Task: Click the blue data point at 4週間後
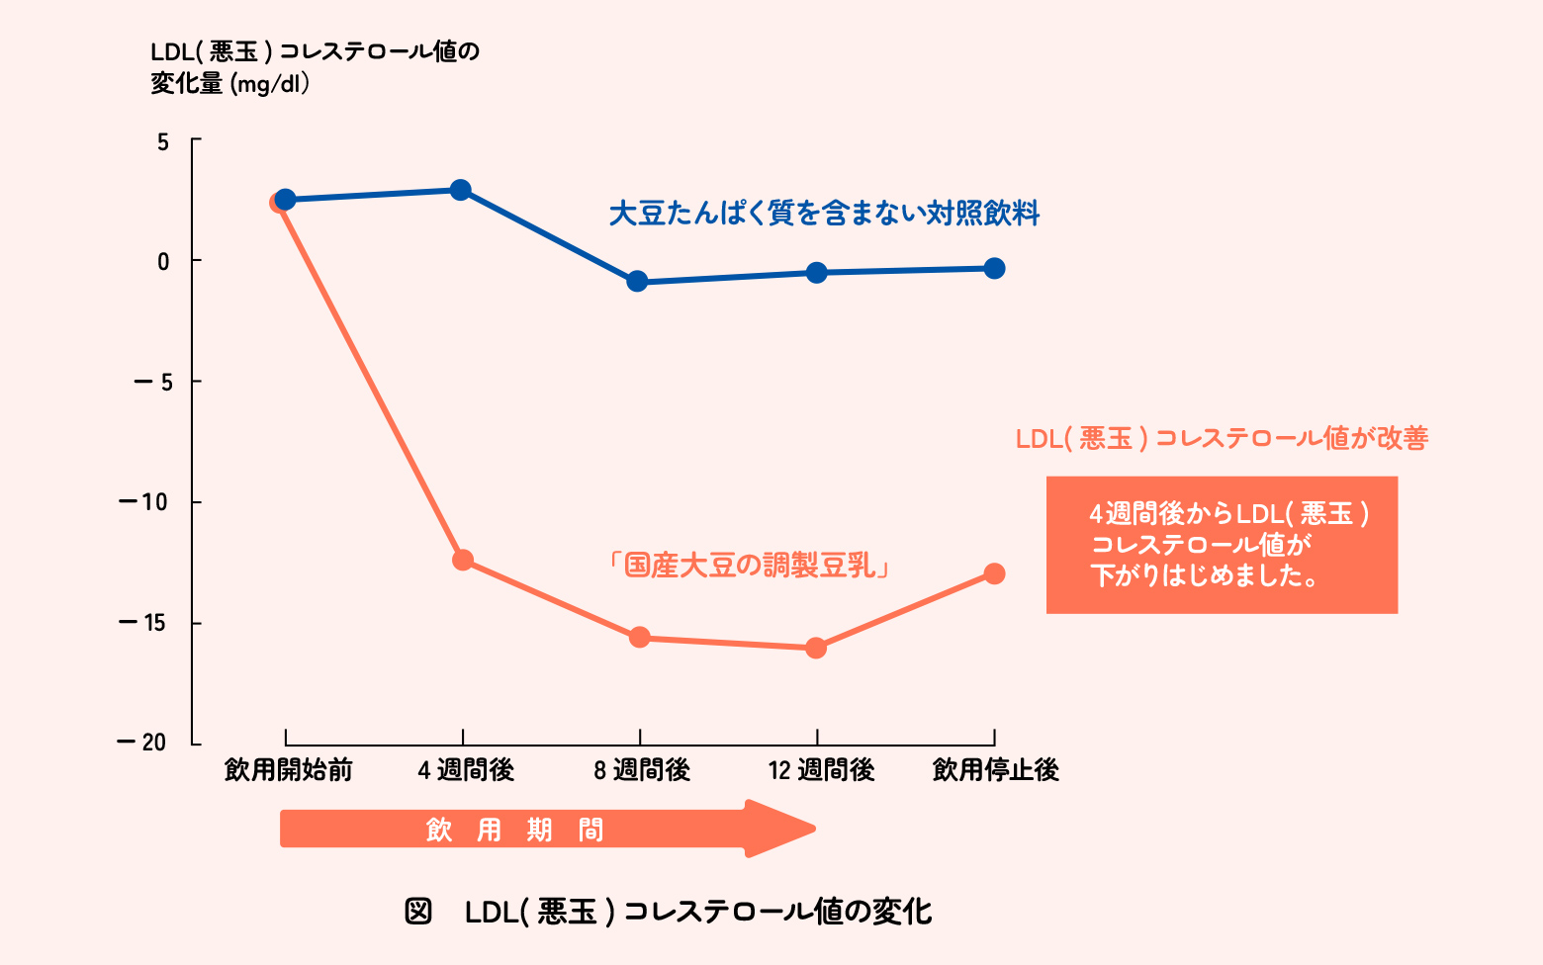coord(461,190)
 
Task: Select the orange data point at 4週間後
coord(462,561)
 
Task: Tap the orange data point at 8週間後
coord(639,637)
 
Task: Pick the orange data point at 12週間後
coord(816,649)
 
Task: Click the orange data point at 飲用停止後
coord(994,573)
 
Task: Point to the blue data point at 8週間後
coord(637,282)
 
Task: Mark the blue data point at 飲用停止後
coord(994,268)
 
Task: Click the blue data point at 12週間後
coord(816,272)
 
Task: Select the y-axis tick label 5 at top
coord(163,142)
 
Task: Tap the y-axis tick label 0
coord(163,262)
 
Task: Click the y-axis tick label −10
coord(143,502)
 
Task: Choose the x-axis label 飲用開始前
coord(288,770)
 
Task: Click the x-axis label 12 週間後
coord(821,770)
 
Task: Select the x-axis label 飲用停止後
coord(995,770)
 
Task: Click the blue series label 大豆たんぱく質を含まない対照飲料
coord(824,214)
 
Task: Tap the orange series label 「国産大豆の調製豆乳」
coord(749,566)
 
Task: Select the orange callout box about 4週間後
coord(1222,545)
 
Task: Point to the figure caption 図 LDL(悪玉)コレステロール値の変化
coord(669,911)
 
